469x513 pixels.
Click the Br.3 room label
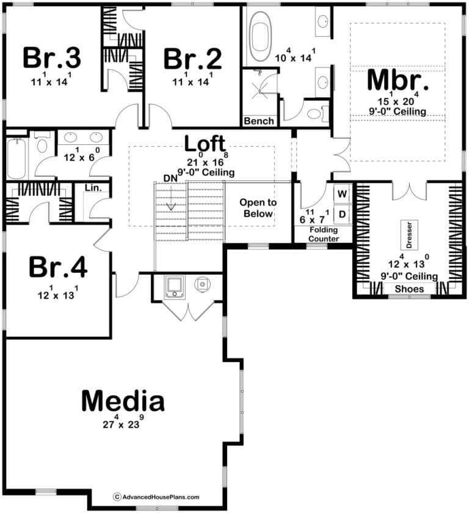coord(52,58)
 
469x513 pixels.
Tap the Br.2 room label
coord(192,59)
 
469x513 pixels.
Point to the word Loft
coord(205,143)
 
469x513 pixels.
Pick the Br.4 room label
coord(58,267)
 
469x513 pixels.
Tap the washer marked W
coord(342,194)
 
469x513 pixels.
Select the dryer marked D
coord(342,214)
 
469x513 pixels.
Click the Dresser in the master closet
coord(409,235)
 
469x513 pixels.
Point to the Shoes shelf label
coord(409,289)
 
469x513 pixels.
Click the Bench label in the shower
coord(259,121)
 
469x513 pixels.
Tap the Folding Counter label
coord(324,234)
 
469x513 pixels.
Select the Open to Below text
coord(258,208)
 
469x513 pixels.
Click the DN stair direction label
coord(170,179)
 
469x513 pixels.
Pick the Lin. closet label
coord(93,188)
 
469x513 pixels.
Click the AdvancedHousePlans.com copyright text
coord(156,497)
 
